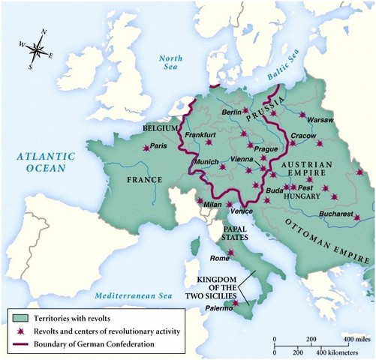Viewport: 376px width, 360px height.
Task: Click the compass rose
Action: click(x=35, y=50)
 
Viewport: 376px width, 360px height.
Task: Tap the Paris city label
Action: click(x=158, y=147)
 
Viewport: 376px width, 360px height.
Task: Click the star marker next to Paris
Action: click(x=146, y=148)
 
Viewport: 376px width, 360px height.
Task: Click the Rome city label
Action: click(x=219, y=259)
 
